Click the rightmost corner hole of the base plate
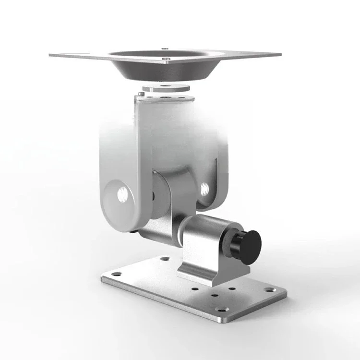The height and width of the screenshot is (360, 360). tap(269, 290)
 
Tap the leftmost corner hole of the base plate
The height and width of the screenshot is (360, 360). tap(117, 275)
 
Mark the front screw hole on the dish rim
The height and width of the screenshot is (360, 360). tap(166, 60)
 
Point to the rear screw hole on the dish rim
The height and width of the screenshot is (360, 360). tap(164, 48)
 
